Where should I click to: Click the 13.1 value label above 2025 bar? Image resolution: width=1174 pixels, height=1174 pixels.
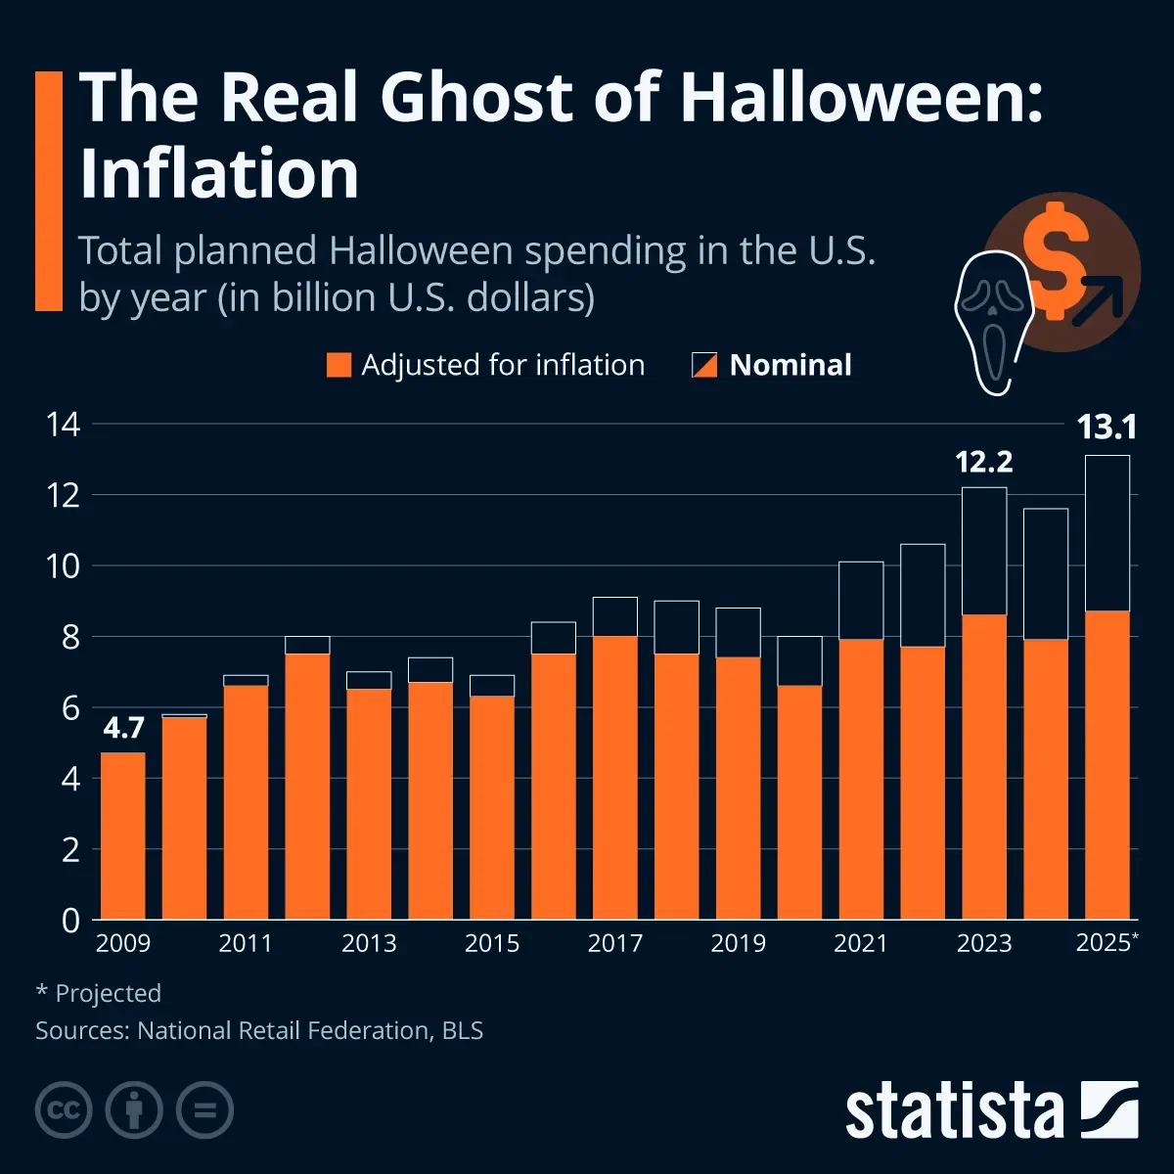click(x=1106, y=428)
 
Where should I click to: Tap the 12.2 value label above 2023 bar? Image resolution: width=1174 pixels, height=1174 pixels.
click(x=983, y=461)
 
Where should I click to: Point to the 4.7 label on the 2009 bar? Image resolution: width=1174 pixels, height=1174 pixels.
click(x=123, y=728)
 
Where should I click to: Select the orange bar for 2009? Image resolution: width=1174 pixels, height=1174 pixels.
click(x=123, y=836)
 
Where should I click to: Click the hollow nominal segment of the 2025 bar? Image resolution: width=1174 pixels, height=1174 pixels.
click(x=1106, y=533)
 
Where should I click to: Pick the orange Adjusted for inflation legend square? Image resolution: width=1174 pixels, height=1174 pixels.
click(x=338, y=365)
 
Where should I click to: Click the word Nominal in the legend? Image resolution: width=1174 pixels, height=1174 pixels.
click(x=790, y=365)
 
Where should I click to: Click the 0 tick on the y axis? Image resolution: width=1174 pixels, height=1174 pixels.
click(x=70, y=920)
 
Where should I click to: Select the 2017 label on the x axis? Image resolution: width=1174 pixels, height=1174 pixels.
click(x=614, y=943)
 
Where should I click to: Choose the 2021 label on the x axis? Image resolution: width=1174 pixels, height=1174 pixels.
click(x=860, y=943)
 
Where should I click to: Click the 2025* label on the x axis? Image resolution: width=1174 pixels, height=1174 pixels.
click(x=1106, y=943)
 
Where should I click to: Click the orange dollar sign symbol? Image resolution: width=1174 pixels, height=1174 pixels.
click(x=1055, y=260)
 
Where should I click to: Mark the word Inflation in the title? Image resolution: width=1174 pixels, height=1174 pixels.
click(x=219, y=174)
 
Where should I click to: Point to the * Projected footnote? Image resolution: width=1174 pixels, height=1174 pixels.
click(x=99, y=993)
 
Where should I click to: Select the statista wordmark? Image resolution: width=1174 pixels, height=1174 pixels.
click(x=954, y=1111)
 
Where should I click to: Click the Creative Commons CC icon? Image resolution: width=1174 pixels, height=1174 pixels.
click(x=64, y=1110)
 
